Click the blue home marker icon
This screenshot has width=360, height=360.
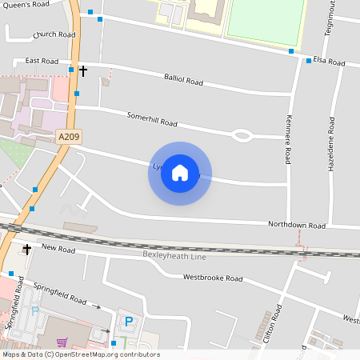180,173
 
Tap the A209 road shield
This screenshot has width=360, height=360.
69,138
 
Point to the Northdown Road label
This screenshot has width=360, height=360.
297,225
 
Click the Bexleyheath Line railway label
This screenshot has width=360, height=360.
174,255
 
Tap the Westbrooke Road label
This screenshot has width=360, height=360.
212,278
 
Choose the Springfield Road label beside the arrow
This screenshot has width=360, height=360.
66,298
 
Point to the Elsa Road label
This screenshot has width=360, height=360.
328,62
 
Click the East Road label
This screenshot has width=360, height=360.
42,61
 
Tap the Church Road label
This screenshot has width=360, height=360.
54,35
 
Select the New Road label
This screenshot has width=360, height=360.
58,250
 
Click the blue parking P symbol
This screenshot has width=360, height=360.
128,322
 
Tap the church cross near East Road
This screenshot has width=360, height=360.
83,71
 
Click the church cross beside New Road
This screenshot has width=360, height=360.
26,250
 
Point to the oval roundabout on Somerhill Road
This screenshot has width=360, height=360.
242,136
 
